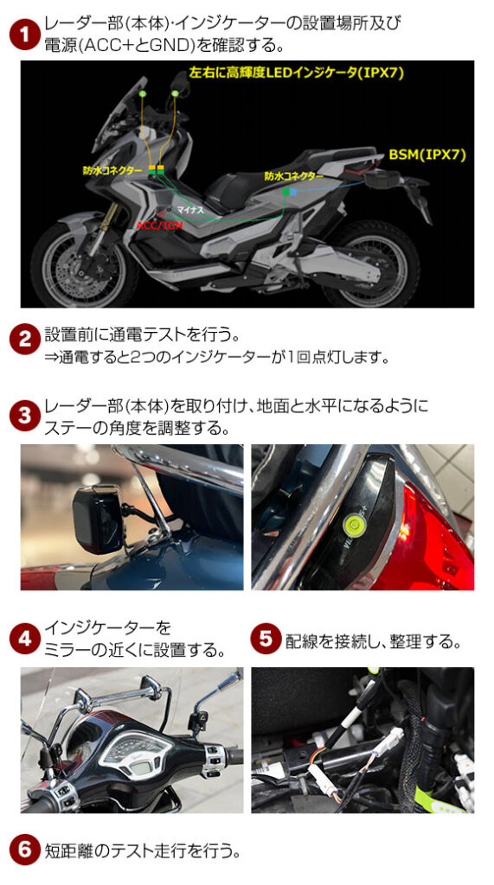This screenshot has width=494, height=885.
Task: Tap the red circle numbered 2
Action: (24, 341)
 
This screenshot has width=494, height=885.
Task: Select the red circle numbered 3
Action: (24, 417)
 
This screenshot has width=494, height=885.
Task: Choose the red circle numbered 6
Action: (24, 850)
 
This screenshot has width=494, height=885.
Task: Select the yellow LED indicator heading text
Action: (297, 73)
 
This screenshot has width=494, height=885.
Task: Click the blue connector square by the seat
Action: (293, 192)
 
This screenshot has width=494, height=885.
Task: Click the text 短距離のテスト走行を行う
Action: (143, 850)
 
